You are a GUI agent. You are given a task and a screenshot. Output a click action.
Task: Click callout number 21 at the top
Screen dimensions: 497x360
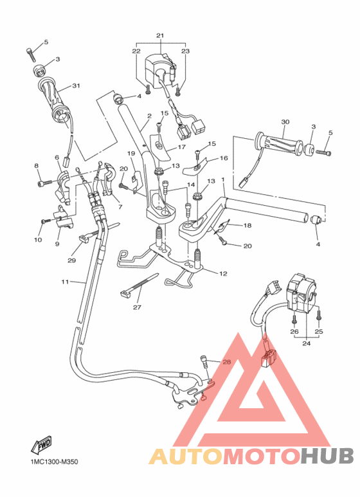pos(160,35)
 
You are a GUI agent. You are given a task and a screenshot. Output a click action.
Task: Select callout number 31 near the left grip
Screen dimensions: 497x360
pos(76,86)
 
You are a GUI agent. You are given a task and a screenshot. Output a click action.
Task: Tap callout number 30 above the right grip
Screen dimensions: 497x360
pos(285,122)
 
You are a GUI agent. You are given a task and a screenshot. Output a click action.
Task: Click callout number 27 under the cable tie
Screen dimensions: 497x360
pos(136,307)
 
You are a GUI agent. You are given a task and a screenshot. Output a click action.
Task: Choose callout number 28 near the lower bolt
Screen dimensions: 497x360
pos(208,363)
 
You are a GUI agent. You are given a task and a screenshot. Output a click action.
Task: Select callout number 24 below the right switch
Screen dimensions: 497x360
pos(306,343)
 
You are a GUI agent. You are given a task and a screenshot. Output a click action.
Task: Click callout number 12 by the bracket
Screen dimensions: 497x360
pos(223,274)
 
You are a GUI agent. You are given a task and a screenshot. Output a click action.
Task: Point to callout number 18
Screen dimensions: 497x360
pos(246,226)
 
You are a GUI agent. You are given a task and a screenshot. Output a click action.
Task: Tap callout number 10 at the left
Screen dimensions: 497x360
pos(38,240)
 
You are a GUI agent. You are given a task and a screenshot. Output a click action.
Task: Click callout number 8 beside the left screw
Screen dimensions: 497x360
pos(37,166)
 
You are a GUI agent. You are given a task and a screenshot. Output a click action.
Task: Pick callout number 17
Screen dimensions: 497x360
pos(181,147)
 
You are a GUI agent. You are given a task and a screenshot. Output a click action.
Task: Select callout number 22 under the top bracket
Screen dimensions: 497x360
pos(136,51)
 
